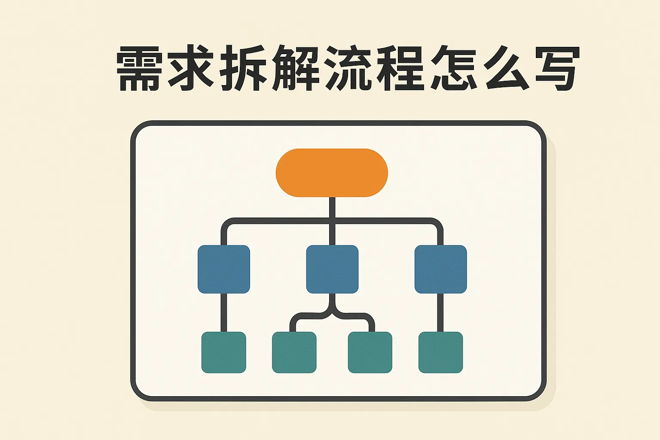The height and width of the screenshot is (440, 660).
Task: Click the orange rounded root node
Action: click(332, 173)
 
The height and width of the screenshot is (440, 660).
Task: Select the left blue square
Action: click(223, 269)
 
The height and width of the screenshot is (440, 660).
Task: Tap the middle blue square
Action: click(332, 269)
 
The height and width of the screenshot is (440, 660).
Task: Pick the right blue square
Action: click(440, 269)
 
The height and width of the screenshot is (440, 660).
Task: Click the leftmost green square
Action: click(223, 352)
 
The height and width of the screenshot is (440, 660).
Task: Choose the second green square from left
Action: click(294, 352)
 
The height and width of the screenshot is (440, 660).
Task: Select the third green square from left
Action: click(370, 352)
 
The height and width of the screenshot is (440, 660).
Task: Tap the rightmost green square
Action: click(440, 352)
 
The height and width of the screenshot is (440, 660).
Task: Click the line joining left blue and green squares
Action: click(223, 312)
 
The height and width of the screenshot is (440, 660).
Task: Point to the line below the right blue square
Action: click(440, 312)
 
